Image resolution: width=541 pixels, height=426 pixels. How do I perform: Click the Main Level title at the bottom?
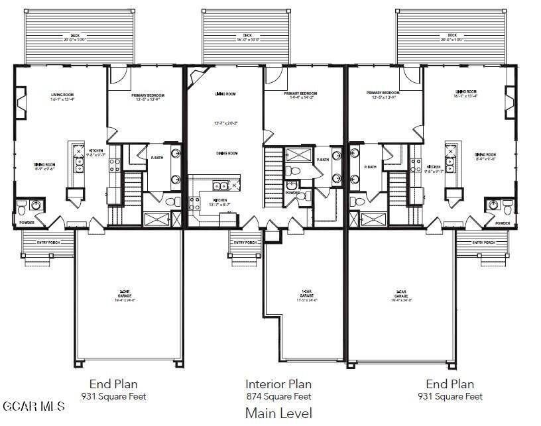point(278,413)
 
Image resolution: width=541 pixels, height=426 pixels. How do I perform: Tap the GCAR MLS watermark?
point(33,405)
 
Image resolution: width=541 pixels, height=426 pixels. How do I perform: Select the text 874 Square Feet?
point(278,397)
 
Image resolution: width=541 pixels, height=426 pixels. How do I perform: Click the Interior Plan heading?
point(278,384)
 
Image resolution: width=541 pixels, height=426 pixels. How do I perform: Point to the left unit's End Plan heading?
point(117,384)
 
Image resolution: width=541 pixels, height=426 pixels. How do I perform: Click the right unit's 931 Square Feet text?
point(450,397)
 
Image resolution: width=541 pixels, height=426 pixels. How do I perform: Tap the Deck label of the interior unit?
point(247,36)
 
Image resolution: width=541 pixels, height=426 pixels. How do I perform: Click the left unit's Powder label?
point(26,223)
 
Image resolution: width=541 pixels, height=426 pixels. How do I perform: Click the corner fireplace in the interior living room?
point(197,78)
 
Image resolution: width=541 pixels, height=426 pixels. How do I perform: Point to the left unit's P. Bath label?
point(157,158)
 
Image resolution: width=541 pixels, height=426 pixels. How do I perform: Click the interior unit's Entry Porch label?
point(245,242)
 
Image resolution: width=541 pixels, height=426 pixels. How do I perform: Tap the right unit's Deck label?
point(452,36)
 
